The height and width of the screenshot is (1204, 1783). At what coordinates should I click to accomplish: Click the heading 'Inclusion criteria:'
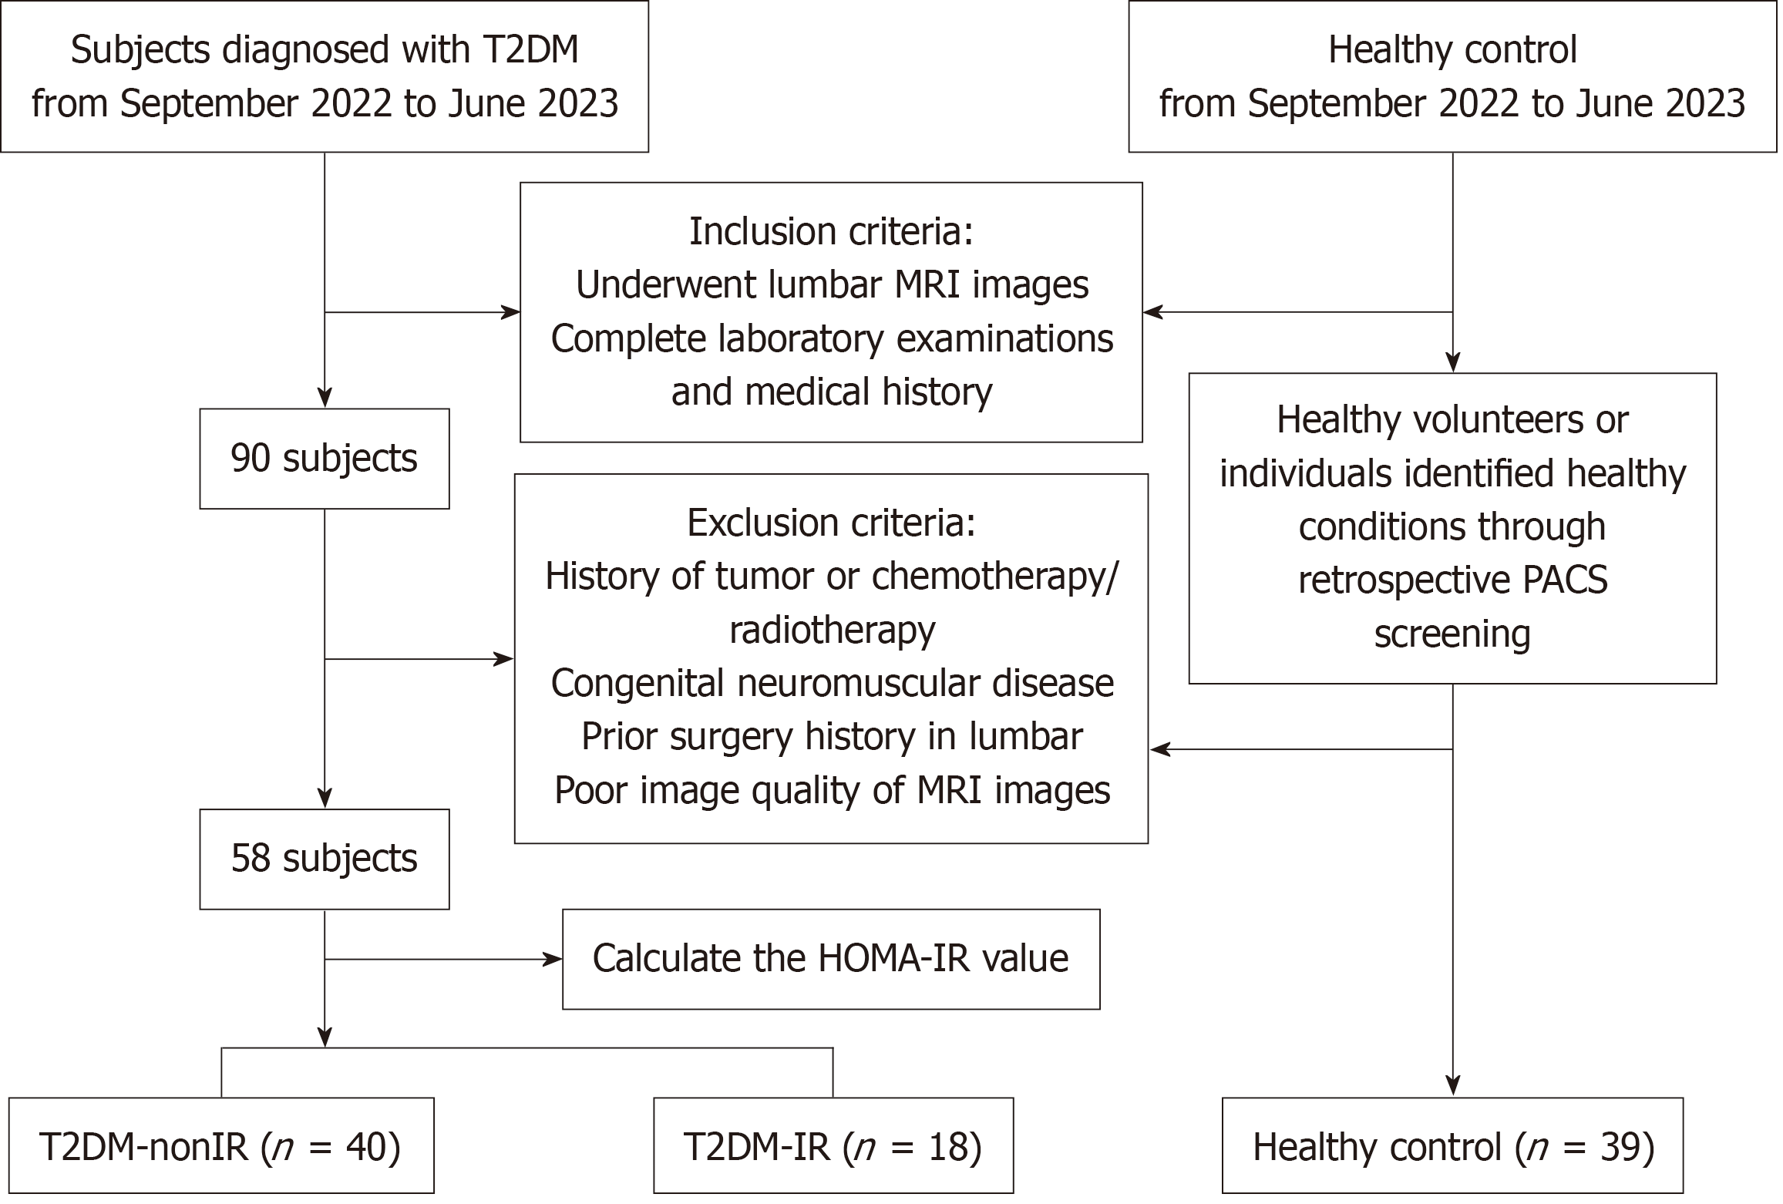831,231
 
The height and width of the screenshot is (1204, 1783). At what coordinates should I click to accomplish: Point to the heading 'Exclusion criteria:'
831,523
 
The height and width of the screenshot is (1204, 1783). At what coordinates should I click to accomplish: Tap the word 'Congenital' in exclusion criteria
638,684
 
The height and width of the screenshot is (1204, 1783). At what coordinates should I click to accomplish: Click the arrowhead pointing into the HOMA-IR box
553,960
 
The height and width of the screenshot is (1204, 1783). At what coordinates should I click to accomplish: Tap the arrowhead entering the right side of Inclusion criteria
1152,312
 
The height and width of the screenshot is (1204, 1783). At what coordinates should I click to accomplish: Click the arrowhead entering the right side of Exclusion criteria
1159,749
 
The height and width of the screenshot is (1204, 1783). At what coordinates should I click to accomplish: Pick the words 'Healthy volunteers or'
1452,421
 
